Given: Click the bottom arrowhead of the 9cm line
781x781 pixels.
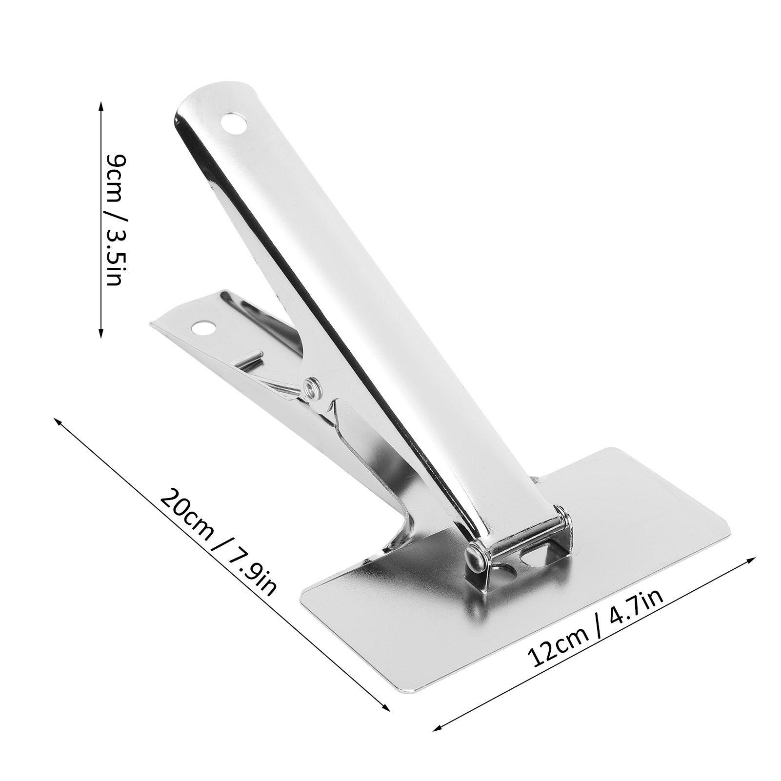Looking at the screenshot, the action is point(101,332).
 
